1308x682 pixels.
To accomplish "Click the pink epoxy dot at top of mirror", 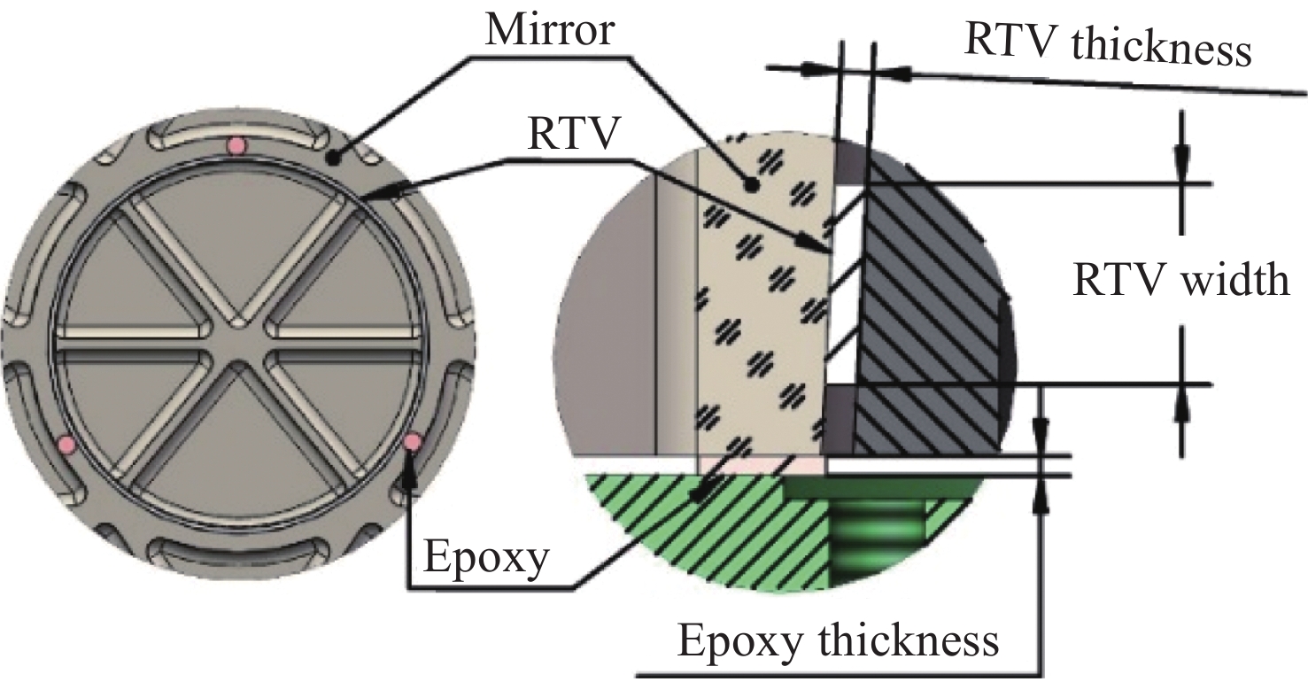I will [235, 146].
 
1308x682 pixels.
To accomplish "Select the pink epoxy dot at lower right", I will [412, 441].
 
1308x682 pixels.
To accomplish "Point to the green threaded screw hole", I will [877, 540].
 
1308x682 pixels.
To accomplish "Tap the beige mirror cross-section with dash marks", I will [762, 292].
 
